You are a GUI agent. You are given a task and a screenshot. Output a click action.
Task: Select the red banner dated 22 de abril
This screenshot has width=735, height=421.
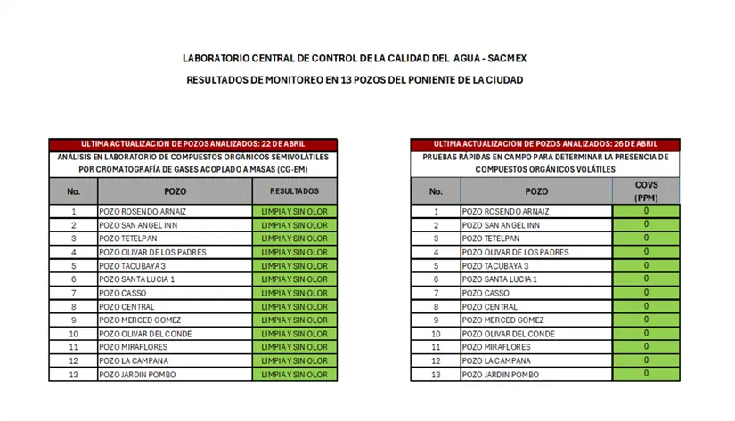click(x=193, y=144)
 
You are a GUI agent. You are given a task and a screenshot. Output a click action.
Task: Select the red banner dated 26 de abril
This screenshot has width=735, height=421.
click(x=545, y=144)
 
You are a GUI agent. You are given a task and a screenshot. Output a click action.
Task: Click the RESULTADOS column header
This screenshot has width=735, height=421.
click(x=295, y=191)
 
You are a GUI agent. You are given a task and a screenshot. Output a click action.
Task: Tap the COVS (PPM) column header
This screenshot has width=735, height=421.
click(x=645, y=191)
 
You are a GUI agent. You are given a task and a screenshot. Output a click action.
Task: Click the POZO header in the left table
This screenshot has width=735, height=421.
click(x=175, y=191)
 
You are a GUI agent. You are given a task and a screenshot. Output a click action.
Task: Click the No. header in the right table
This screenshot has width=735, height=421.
click(x=436, y=191)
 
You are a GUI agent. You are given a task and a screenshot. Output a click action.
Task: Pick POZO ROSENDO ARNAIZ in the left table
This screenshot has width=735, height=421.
click(x=143, y=212)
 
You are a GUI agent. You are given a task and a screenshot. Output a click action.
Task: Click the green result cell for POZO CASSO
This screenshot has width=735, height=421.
click(x=295, y=293)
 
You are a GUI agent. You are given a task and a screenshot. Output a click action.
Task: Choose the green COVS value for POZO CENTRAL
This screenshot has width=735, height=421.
click(x=645, y=306)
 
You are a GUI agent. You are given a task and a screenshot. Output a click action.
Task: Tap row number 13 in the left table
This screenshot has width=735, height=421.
click(x=73, y=375)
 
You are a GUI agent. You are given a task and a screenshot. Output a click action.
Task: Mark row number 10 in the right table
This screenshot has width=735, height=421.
click(x=436, y=334)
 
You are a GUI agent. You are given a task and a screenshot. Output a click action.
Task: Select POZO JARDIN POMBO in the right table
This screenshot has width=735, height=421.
click(x=500, y=375)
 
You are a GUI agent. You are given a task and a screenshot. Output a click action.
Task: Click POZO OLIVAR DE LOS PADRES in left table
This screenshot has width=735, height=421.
click(x=152, y=253)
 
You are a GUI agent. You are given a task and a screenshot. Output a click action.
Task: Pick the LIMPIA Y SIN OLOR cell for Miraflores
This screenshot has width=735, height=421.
click(x=295, y=347)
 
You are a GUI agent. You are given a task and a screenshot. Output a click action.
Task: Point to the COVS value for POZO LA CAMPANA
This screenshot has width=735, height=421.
click(x=645, y=360)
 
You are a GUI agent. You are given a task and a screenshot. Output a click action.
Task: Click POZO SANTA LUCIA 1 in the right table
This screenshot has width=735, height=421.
click(x=498, y=279)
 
